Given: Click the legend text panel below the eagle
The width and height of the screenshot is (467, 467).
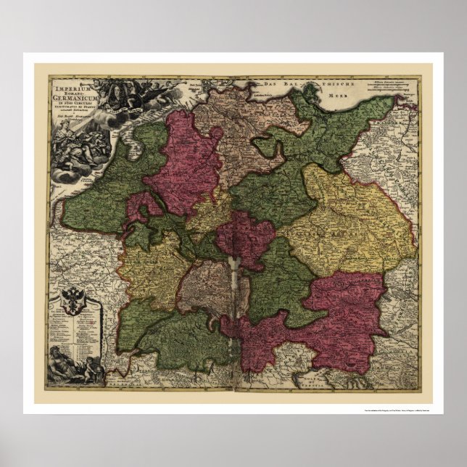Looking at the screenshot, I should pos(73,327).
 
